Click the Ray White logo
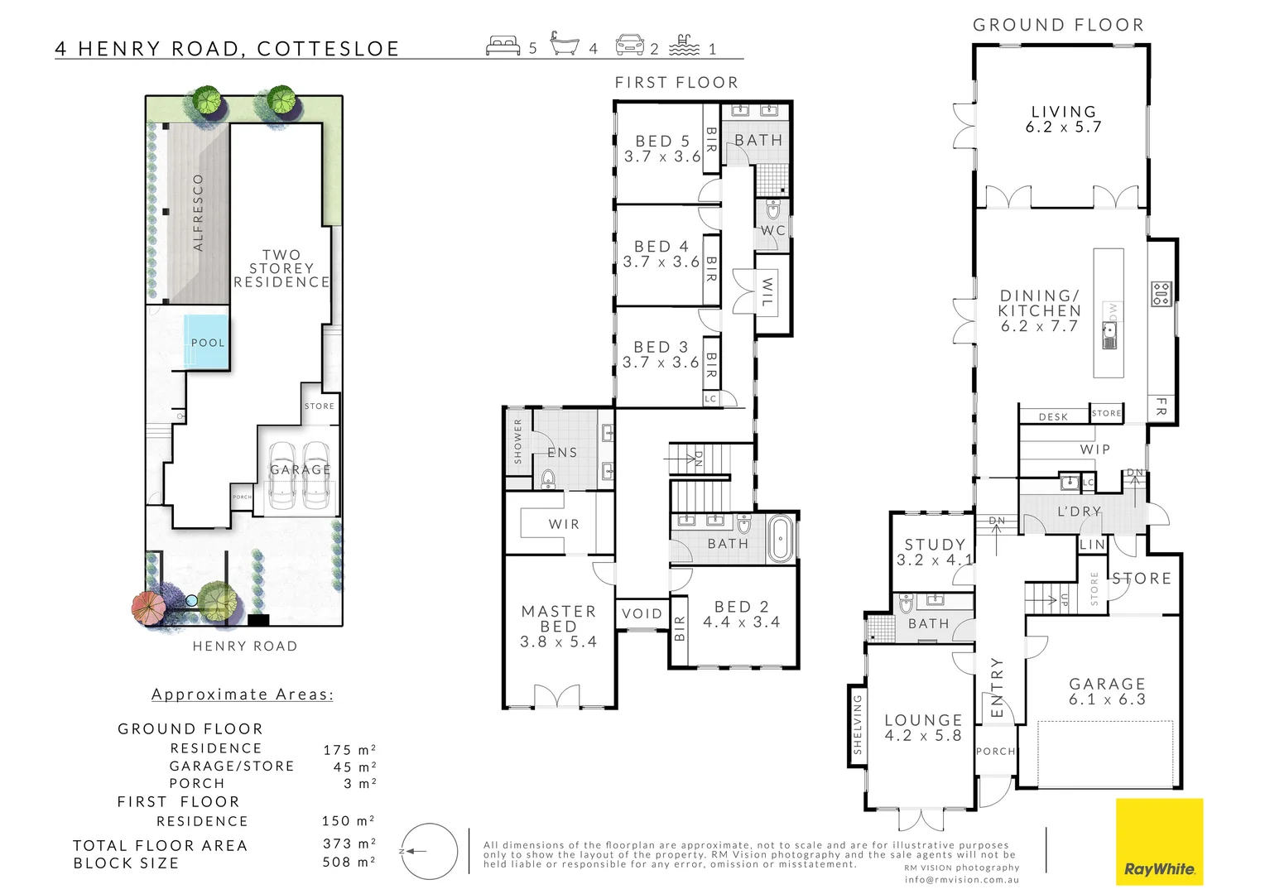[1159, 842]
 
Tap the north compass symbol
[429, 851]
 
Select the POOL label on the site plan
[208, 343]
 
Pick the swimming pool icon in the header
[684, 46]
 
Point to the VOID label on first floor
[642, 613]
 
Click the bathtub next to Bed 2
[780, 539]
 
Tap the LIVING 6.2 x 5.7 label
[1063, 119]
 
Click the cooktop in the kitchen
[1161, 294]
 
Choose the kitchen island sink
[1109, 337]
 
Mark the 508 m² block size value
[349, 863]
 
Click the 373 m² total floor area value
[349, 844]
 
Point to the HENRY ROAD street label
[245, 646]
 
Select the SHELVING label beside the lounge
[858, 724]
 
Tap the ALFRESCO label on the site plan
[198, 213]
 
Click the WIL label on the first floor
[767, 292]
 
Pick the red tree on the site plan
[149, 607]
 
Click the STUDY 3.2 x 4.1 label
[935, 552]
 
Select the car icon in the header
[629, 46]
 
